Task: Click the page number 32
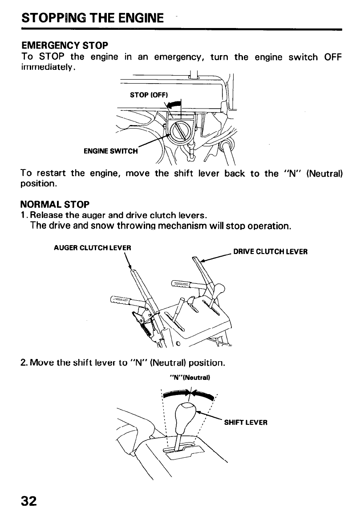[28, 500]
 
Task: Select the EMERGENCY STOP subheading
[65, 45]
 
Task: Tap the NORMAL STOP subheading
[55, 205]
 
